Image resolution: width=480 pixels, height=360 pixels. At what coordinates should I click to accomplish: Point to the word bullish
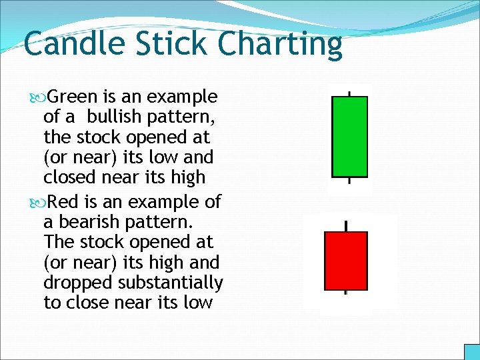tap(113, 117)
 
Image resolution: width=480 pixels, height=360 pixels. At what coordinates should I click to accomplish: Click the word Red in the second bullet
tap(63, 201)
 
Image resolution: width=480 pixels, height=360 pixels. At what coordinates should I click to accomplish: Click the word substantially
tap(171, 283)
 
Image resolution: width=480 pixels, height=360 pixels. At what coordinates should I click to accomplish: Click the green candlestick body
tap(349, 136)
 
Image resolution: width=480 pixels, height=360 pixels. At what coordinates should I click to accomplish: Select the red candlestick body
tap(345, 261)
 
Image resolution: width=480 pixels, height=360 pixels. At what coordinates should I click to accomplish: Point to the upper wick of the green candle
tap(349, 93)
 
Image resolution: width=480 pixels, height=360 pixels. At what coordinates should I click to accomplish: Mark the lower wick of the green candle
tap(349, 179)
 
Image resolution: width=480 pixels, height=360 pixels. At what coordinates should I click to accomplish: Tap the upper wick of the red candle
tap(345, 226)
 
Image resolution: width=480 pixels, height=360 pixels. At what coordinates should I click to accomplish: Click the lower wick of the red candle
tap(345, 292)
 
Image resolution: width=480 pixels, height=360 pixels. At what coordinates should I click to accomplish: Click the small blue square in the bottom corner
tap(471, 352)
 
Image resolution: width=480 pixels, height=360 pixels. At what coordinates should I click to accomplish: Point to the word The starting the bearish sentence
tap(57, 241)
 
